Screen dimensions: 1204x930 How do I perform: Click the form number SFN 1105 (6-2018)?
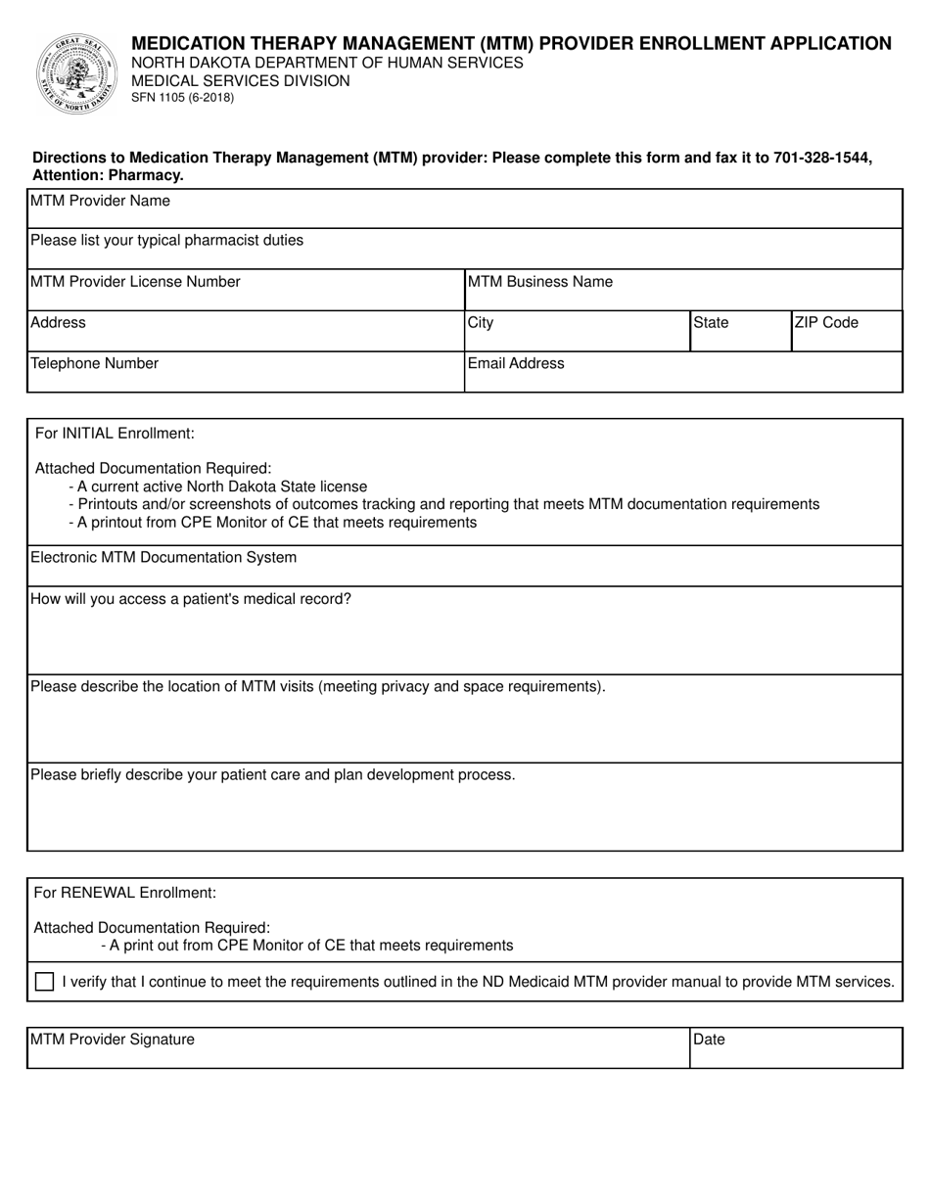182,98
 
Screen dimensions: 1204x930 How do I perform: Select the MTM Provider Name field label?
100,202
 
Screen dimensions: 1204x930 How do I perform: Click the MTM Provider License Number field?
245,291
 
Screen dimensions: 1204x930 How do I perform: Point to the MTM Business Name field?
682,291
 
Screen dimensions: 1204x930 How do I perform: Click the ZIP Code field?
846,332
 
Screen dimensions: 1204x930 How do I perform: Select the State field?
739,332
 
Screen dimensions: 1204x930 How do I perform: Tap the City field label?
481,323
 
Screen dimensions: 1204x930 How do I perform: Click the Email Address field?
682,373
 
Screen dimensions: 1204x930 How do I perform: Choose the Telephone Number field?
245,373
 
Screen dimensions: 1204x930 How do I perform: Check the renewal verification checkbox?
44,982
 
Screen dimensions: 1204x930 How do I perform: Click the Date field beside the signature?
795,1048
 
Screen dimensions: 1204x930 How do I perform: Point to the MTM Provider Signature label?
113,1040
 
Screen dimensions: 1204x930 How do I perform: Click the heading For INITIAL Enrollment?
115,433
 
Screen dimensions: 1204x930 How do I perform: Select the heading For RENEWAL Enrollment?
124,893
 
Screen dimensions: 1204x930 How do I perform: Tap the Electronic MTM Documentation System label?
163,558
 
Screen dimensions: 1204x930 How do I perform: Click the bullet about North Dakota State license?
218,486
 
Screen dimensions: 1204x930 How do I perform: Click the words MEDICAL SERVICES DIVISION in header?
240,80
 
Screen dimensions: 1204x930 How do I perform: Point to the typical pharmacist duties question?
166,241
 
